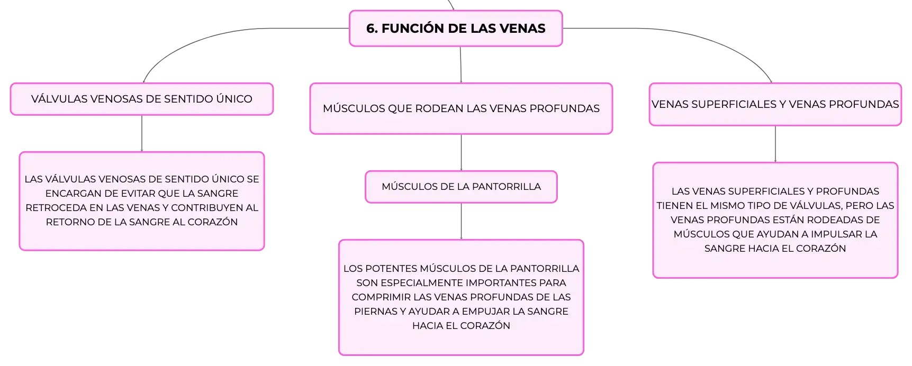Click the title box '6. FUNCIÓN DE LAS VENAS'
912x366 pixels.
point(456,29)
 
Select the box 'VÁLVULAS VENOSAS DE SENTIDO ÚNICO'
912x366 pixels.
point(142,99)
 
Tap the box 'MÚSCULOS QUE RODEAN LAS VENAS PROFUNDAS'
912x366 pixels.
point(461,108)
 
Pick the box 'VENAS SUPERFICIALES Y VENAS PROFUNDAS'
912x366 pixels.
point(775,104)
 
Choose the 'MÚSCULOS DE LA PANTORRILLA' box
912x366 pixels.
point(461,187)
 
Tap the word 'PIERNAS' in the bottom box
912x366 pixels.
point(374,312)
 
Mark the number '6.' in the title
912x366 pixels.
point(372,29)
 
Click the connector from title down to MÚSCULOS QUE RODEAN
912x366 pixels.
point(460,65)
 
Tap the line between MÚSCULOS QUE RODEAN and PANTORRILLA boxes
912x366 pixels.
point(461,152)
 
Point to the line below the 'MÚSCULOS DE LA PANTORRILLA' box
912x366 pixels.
point(461,221)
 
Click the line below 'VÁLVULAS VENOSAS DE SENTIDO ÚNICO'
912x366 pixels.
point(142,133)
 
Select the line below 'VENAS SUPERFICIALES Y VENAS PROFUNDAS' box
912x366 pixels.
point(775,144)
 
